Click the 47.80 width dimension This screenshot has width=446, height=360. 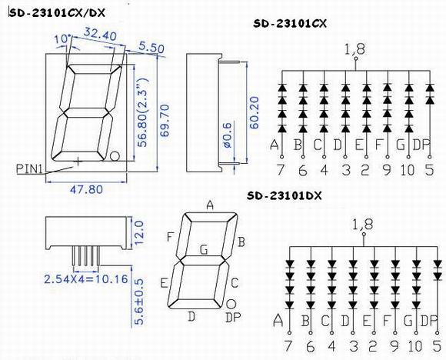[x=86, y=189]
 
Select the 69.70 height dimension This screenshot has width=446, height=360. [x=165, y=121]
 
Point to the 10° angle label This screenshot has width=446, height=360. [x=63, y=39]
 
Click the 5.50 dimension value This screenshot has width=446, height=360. [x=151, y=48]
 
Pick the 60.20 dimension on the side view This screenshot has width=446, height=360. [x=255, y=113]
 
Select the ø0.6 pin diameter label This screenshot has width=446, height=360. [x=228, y=135]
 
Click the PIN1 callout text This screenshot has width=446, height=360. [x=29, y=169]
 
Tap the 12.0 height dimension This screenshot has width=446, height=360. [x=139, y=233]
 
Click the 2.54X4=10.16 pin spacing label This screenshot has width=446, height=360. [x=86, y=279]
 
